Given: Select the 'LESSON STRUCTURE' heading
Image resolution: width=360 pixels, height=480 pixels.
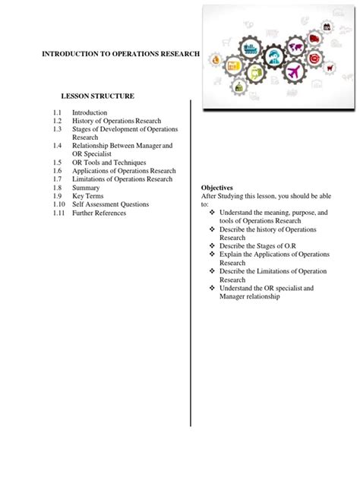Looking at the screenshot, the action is tap(98, 96).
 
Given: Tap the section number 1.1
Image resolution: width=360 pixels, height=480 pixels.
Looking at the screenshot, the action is tap(57, 112).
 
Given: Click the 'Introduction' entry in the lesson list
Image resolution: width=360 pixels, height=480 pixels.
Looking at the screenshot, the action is tap(90, 112).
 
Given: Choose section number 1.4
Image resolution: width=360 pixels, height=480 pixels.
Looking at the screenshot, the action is tap(57, 145).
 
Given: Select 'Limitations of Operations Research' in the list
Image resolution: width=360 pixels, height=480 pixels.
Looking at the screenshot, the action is tap(122, 179).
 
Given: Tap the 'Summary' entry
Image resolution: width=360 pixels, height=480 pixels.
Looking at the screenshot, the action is tap(86, 188).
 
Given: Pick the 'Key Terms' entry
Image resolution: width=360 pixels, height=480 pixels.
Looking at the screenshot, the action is tap(88, 196).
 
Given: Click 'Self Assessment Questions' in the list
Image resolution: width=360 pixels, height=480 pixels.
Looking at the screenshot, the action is tap(110, 204).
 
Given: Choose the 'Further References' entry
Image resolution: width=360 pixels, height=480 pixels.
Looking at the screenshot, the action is tap(99, 213).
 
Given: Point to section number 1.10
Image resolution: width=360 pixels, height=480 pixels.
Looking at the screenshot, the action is tap(58, 204).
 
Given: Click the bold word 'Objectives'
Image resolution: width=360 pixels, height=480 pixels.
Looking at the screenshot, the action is tap(216, 188).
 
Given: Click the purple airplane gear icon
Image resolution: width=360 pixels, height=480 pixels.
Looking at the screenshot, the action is tap(295, 72).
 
